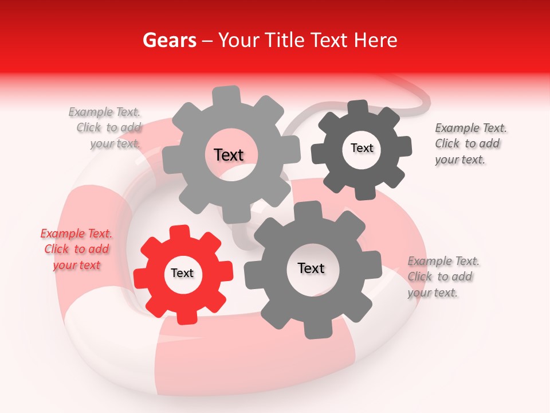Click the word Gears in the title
point(168,40)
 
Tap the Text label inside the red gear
point(182,273)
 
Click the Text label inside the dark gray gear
point(362,148)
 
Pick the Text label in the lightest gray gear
point(229,155)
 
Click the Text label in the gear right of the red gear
point(311,268)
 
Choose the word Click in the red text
point(57,249)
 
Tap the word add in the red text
point(99,249)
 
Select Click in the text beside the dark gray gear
point(447,143)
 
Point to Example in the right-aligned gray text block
point(90,112)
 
